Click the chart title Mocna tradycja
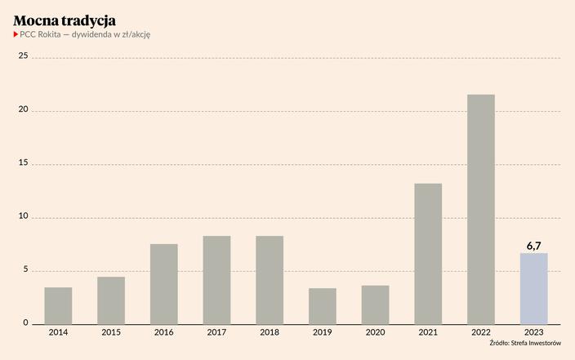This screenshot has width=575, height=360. click(65, 19)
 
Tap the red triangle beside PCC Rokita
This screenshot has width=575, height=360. click(16, 34)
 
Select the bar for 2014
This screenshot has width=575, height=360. click(58, 305)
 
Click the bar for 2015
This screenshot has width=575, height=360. click(111, 300)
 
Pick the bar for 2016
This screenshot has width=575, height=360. click(163, 284)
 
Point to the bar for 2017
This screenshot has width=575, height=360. click(216, 280)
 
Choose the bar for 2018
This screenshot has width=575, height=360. click(270, 280)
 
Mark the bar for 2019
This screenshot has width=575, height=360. click(322, 306)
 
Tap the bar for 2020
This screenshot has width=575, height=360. click(375, 304)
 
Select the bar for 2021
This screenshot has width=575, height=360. click(428, 254)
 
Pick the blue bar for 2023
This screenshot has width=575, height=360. click(533, 288)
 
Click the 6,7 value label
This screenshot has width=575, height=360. click(533, 245)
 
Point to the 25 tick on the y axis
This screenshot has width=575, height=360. click(23, 56)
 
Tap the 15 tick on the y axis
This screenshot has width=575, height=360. click(23, 163)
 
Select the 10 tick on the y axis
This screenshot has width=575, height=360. click(23, 217)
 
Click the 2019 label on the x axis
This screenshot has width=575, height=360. click(322, 332)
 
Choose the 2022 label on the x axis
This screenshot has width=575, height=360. click(480, 332)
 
